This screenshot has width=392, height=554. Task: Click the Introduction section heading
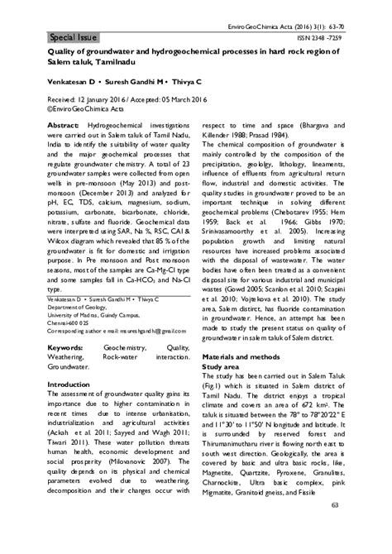(74, 384)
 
